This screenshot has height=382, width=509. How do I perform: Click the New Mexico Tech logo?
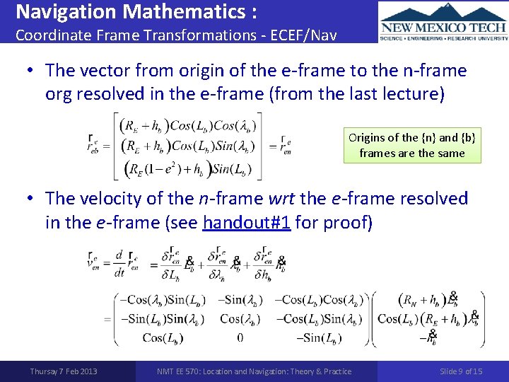point(443,22)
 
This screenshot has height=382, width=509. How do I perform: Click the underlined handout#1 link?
point(240,222)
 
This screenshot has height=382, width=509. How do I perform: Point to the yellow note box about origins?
point(412,145)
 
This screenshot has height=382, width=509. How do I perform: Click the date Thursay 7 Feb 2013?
point(64,371)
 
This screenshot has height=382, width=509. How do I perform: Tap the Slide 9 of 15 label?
point(461,371)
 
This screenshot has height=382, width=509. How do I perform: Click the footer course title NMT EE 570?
point(255,371)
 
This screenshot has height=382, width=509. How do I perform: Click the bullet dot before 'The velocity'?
point(31,199)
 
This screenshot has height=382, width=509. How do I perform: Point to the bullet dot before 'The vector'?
point(31,71)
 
